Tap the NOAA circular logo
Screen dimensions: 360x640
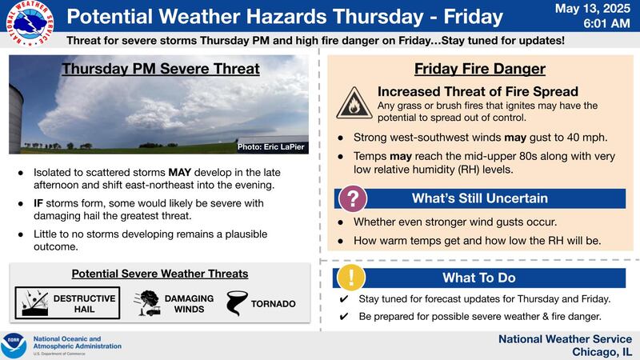click(14, 345)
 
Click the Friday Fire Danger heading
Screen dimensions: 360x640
click(479, 69)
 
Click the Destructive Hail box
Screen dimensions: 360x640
click(68, 303)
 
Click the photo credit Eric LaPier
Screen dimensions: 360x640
click(271, 148)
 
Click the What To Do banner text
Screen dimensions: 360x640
click(479, 278)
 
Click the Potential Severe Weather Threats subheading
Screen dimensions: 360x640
click(160, 274)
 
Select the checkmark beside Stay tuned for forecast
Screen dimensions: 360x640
click(342, 299)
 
